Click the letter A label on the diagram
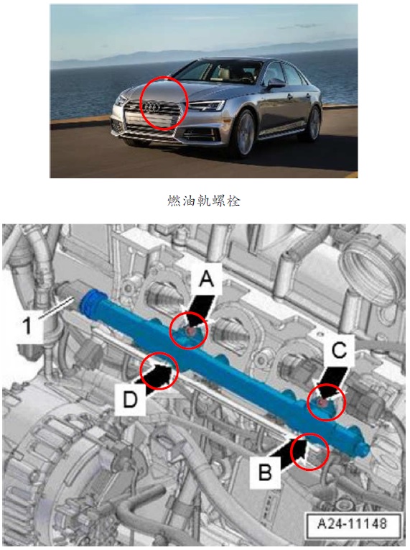click(x=206, y=280)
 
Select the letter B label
click(x=265, y=472)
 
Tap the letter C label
click(x=339, y=350)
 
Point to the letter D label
click(x=130, y=399)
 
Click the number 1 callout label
click(x=28, y=325)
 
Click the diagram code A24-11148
click(x=352, y=523)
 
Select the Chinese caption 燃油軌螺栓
click(x=204, y=201)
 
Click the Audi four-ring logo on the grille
click(x=152, y=106)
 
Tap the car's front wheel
click(x=243, y=134)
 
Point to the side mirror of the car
click(x=276, y=83)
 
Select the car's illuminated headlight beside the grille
click(x=207, y=105)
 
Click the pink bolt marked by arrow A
click(x=190, y=331)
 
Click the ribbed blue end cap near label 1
click(x=90, y=299)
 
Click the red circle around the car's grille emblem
click(x=164, y=103)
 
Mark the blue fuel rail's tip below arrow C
click(x=365, y=449)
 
